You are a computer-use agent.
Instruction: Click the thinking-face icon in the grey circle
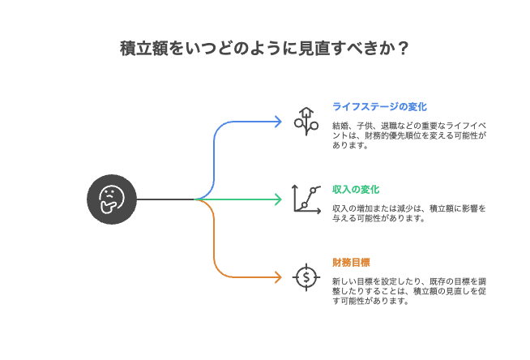(112, 199)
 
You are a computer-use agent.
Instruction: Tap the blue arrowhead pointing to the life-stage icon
(278, 122)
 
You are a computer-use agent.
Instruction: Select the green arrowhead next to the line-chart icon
(278, 199)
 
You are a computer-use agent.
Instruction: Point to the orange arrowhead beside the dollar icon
(278, 277)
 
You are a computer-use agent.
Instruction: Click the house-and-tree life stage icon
(306, 121)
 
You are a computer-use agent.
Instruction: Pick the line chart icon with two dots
(306, 199)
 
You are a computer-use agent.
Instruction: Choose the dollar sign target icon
(306, 277)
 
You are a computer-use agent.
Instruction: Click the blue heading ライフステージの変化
(379, 106)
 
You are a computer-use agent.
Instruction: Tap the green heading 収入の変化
(356, 189)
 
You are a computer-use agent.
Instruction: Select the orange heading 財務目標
(351, 262)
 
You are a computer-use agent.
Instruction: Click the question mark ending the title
(403, 49)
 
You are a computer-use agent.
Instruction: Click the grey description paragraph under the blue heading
(409, 136)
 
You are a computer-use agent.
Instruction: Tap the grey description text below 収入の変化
(409, 213)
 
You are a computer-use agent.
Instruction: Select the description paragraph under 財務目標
(409, 291)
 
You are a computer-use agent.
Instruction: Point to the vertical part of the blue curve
(214, 158)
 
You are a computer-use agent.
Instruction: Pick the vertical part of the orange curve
(214, 239)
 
